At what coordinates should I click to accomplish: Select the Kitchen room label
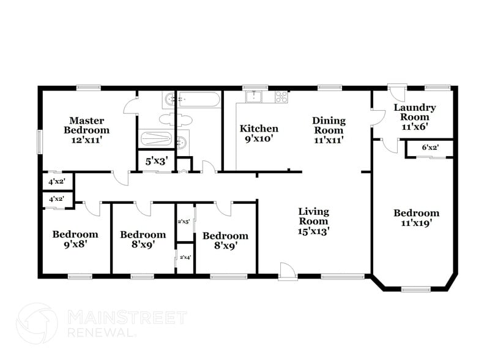[258, 129]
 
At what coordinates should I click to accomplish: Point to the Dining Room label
[329, 126]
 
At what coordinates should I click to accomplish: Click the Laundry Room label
[414, 112]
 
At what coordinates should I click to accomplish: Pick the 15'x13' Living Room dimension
[313, 231]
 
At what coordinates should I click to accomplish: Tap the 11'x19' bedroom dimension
[416, 223]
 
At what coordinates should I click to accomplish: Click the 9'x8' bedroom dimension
[75, 245]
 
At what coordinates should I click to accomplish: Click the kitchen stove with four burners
[281, 96]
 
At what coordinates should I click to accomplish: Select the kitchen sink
[254, 96]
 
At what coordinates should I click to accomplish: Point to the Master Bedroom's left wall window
[40, 142]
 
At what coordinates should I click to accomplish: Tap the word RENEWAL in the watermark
[101, 332]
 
